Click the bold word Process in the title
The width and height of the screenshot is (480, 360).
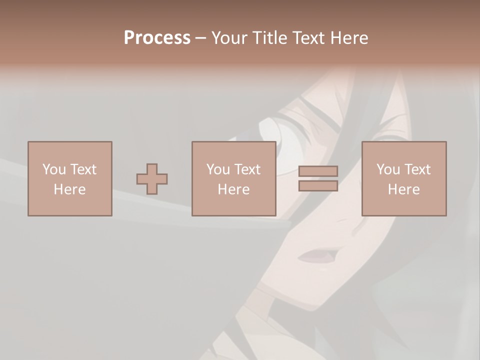tap(157, 38)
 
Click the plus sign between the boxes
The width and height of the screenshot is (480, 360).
tap(152, 179)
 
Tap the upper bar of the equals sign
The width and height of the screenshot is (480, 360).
tap(318, 171)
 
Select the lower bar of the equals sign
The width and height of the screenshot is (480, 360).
tap(318, 186)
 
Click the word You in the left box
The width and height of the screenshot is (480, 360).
tap(54, 169)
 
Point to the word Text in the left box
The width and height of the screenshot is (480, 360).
tap(83, 169)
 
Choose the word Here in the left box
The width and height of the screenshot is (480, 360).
tap(69, 189)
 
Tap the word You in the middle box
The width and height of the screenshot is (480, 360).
tap(218, 169)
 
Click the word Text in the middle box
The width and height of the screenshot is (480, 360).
tap(247, 169)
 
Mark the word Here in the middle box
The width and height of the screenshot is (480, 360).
tap(233, 189)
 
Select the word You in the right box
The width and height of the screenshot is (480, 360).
tap(388, 169)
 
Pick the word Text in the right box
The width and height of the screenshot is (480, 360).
tap(417, 169)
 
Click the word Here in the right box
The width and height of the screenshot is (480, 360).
tap(403, 189)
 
